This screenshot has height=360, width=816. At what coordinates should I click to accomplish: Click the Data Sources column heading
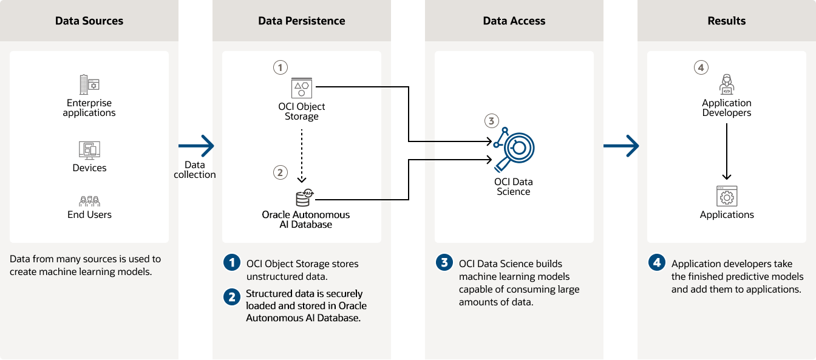pyautogui.click(x=89, y=21)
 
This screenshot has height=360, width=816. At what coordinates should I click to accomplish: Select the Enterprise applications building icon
pyautogui.click(x=89, y=84)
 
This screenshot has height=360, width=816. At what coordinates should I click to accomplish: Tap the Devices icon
pyautogui.click(x=89, y=149)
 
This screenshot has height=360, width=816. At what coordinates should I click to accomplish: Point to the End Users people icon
pyautogui.click(x=89, y=201)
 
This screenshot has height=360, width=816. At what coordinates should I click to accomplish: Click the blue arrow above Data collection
pyautogui.click(x=196, y=146)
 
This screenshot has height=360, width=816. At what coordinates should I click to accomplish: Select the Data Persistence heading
pyautogui.click(x=301, y=21)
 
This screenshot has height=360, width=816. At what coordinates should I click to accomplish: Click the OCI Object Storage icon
pyautogui.click(x=301, y=87)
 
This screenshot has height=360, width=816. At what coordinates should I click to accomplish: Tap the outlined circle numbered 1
pyautogui.click(x=280, y=67)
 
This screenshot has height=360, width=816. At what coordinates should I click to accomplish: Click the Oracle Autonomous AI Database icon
pyautogui.click(x=303, y=198)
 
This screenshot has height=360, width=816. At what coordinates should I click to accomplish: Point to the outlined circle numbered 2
pyautogui.click(x=280, y=172)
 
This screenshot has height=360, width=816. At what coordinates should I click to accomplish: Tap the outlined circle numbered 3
pyautogui.click(x=492, y=120)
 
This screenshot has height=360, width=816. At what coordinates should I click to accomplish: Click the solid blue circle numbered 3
pyautogui.click(x=444, y=263)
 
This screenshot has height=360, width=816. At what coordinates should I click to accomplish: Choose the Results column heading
pyautogui.click(x=726, y=21)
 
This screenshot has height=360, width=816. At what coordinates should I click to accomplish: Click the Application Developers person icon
pyautogui.click(x=726, y=84)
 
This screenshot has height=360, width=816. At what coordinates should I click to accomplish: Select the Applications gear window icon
pyautogui.click(x=726, y=196)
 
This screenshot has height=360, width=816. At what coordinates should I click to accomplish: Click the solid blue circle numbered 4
pyautogui.click(x=657, y=263)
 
